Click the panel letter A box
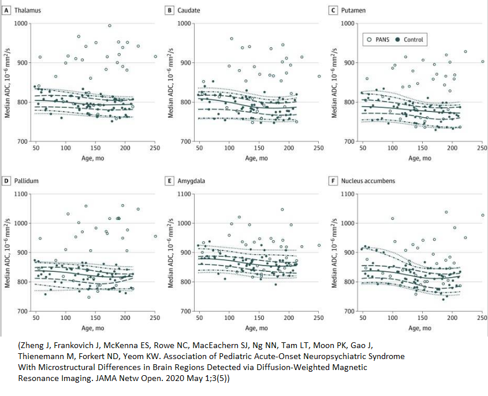pos(6,10)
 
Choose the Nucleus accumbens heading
pos(368,181)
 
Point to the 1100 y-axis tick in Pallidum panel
pos(21,193)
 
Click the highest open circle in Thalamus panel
pos(109,25)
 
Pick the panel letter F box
pos(333,181)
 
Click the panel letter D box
pos(6,181)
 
